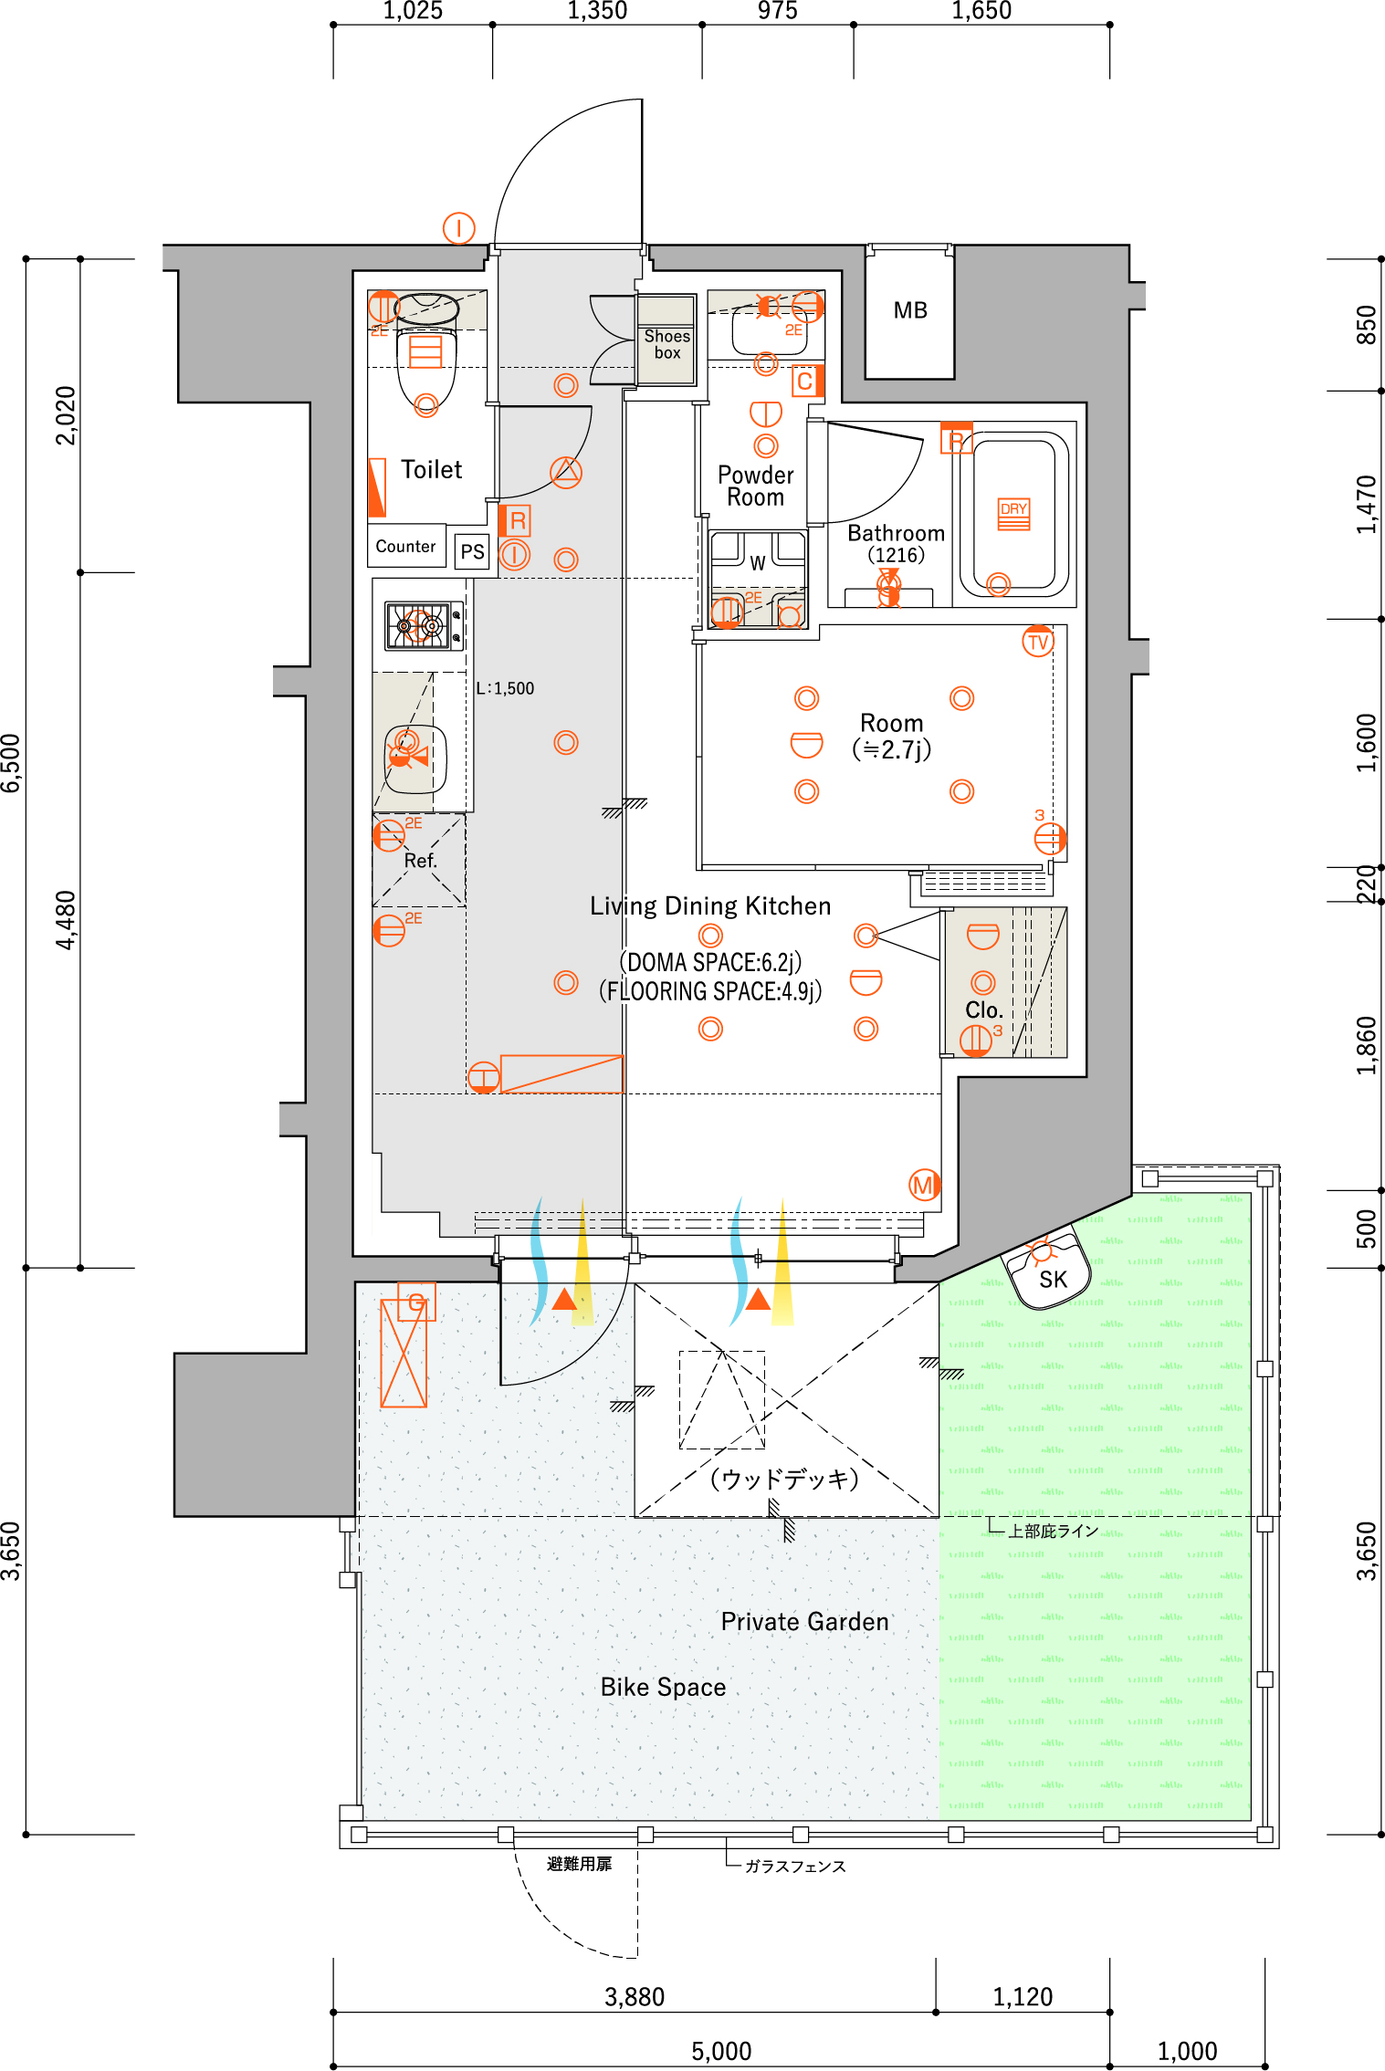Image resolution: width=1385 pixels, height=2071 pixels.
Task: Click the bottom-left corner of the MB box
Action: pyautogui.click(x=866, y=378)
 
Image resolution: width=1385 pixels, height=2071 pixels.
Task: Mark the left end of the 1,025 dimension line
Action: pyautogui.click(x=333, y=25)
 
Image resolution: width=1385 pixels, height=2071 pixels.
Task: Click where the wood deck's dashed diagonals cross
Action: pyautogui.click(x=787, y=1400)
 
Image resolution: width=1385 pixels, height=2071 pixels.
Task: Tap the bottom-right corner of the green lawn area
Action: pyautogui.click(x=1251, y=1819)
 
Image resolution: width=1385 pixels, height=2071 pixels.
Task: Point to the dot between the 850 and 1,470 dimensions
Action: pyautogui.click(x=1381, y=391)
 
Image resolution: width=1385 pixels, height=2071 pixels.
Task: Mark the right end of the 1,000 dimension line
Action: pyautogui.click(x=1265, y=2066)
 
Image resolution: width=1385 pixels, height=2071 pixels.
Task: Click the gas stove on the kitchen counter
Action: pyautogui.click(x=424, y=625)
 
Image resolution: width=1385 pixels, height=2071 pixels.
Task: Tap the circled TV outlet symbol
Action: pyautogui.click(x=1038, y=642)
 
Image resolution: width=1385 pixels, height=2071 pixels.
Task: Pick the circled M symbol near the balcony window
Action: pyautogui.click(x=924, y=1185)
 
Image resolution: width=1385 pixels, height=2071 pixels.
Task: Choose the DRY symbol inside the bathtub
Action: pyautogui.click(x=1014, y=514)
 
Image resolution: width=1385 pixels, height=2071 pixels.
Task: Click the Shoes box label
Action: pyautogui.click(x=667, y=344)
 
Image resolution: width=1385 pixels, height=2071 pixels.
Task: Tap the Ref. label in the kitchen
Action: pyautogui.click(x=421, y=861)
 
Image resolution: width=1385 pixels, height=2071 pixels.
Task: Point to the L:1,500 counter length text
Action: pyautogui.click(x=505, y=688)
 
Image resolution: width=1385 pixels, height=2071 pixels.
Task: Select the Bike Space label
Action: pyautogui.click(x=663, y=1687)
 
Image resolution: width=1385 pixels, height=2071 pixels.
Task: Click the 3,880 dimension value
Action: pyautogui.click(x=635, y=1996)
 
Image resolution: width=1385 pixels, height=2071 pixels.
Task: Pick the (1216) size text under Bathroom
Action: pyautogui.click(x=896, y=555)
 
